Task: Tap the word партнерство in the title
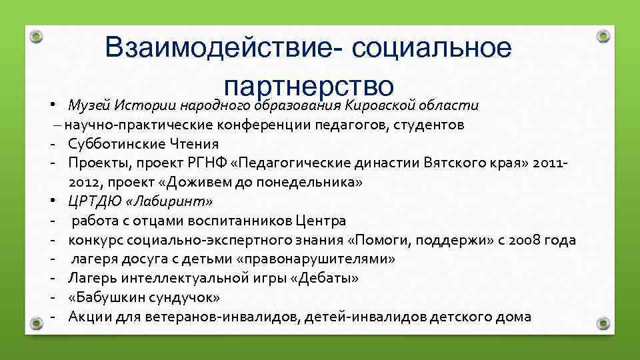coord(311,86)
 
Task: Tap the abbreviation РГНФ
coord(213,163)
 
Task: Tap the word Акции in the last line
coord(89,317)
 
